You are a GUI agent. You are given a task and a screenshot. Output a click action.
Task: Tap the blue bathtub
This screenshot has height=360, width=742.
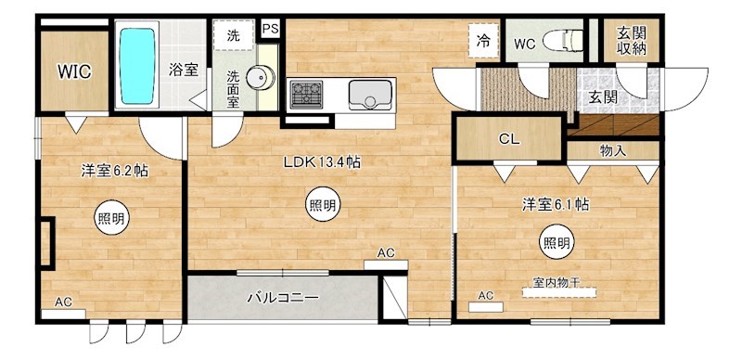pyautogui.click(x=138, y=66)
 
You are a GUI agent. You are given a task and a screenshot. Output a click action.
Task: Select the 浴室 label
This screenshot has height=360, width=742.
pyautogui.click(x=184, y=68)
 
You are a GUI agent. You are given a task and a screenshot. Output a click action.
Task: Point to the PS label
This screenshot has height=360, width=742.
pyautogui.click(x=272, y=30)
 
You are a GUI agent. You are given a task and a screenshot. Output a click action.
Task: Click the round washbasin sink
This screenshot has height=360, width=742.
pyautogui.click(x=262, y=79)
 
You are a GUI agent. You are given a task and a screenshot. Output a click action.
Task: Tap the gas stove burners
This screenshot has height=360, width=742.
pyautogui.click(x=307, y=95)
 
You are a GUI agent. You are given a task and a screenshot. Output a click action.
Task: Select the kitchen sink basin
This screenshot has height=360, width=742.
pyautogui.click(x=371, y=95)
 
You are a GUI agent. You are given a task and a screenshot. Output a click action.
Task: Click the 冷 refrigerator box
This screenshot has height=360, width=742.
pyautogui.click(x=484, y=40)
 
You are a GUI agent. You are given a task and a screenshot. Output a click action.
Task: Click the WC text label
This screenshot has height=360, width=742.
pyautogui.click(x=524, y=42)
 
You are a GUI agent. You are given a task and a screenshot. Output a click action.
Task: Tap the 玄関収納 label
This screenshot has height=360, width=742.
pyautogui.click(x=631, y=41)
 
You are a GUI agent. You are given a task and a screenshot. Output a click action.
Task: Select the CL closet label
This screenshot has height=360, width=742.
pyautogui.click(x=508, y=140)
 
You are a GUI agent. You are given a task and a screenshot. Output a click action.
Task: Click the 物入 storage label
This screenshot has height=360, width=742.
pyautogui.click(x=613, y=148)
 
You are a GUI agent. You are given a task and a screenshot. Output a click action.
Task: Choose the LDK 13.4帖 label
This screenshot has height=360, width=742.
pyautogui.click(x=322, y=161)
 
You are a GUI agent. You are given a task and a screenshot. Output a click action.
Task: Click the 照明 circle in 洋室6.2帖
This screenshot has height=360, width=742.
pyautogui.click(x=112, y=219)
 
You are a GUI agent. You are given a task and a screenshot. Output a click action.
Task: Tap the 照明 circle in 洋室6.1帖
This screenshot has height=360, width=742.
pyautogui.click(x=556, y=243)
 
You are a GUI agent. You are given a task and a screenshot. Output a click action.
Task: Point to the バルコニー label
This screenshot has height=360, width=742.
pyautogui.click(x=283, y=299)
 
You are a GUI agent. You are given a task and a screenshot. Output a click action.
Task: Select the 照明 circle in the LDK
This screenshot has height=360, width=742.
pyautogui.click(x=322, y=205)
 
